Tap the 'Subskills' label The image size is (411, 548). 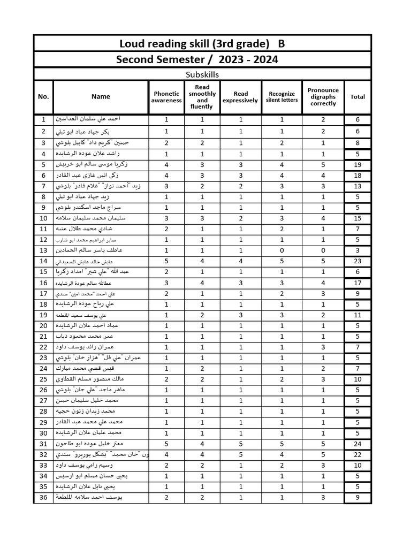pos(202,75)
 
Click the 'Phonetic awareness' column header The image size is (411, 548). pos(166,97)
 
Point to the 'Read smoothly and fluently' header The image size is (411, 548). pos(202,97)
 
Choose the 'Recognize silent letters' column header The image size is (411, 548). pos(282,97)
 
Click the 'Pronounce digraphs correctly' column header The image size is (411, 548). pos(323,97)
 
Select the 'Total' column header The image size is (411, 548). pos(357,97)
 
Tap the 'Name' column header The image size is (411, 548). pos(101,97)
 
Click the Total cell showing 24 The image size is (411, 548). pos(357,444)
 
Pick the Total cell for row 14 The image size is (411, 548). pos(357,261)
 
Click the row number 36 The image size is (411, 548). pos(43,498)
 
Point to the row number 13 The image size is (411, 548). pos(43,250)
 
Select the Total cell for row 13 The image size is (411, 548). pos(357,250)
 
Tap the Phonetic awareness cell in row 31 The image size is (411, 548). pos(166,444)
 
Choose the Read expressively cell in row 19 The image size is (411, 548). pos(241,315)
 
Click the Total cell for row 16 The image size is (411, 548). pos(357,283)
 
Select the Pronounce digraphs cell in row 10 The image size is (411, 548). pos(323,218)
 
